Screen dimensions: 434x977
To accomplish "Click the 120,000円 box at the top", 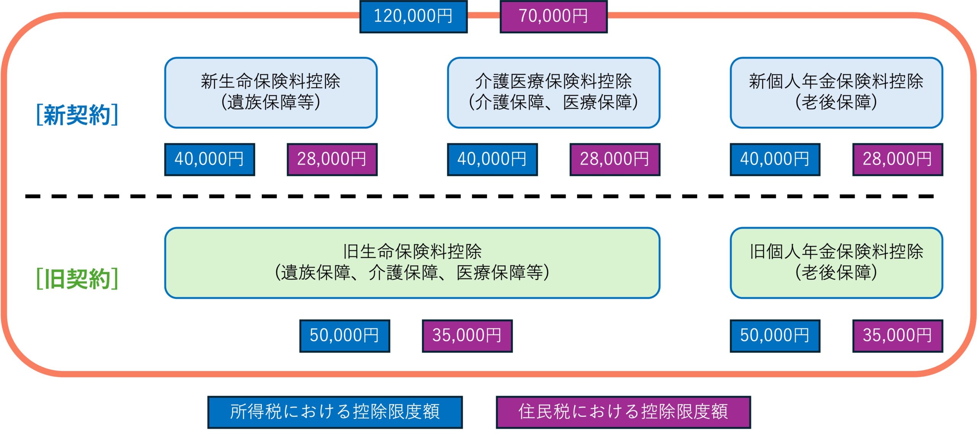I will (413, 16).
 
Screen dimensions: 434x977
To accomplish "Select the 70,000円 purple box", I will (553, 16).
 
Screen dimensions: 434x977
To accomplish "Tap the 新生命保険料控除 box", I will (271, 92).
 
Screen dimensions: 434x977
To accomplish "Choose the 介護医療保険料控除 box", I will (553, 92).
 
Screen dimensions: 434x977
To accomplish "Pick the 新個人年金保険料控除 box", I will (836, 92).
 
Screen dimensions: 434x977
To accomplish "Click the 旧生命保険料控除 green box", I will (412, 263).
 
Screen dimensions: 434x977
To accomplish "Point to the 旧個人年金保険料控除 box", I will (836, 263).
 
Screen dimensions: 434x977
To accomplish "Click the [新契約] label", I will (77, 115).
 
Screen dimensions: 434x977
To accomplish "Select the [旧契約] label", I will (77, 279).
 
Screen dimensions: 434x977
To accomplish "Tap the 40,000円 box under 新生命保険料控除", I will (210, 159).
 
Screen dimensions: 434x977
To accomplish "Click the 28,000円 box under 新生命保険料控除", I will (332, 159).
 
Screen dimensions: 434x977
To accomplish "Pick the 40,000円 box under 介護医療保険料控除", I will (492, 159).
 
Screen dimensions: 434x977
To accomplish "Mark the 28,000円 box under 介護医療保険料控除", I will (615, 159).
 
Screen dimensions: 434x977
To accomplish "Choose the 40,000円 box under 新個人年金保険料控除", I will (775, 159).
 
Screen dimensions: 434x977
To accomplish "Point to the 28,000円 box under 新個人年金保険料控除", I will (898, 159).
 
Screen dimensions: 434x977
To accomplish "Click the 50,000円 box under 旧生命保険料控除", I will (345, 336).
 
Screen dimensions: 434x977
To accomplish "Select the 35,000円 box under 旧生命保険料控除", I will (467, 336).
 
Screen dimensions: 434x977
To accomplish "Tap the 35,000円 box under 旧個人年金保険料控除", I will (898, 336).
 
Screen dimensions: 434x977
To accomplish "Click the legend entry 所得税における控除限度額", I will (335, 412).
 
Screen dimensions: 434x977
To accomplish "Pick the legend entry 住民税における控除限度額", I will (623, 412).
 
